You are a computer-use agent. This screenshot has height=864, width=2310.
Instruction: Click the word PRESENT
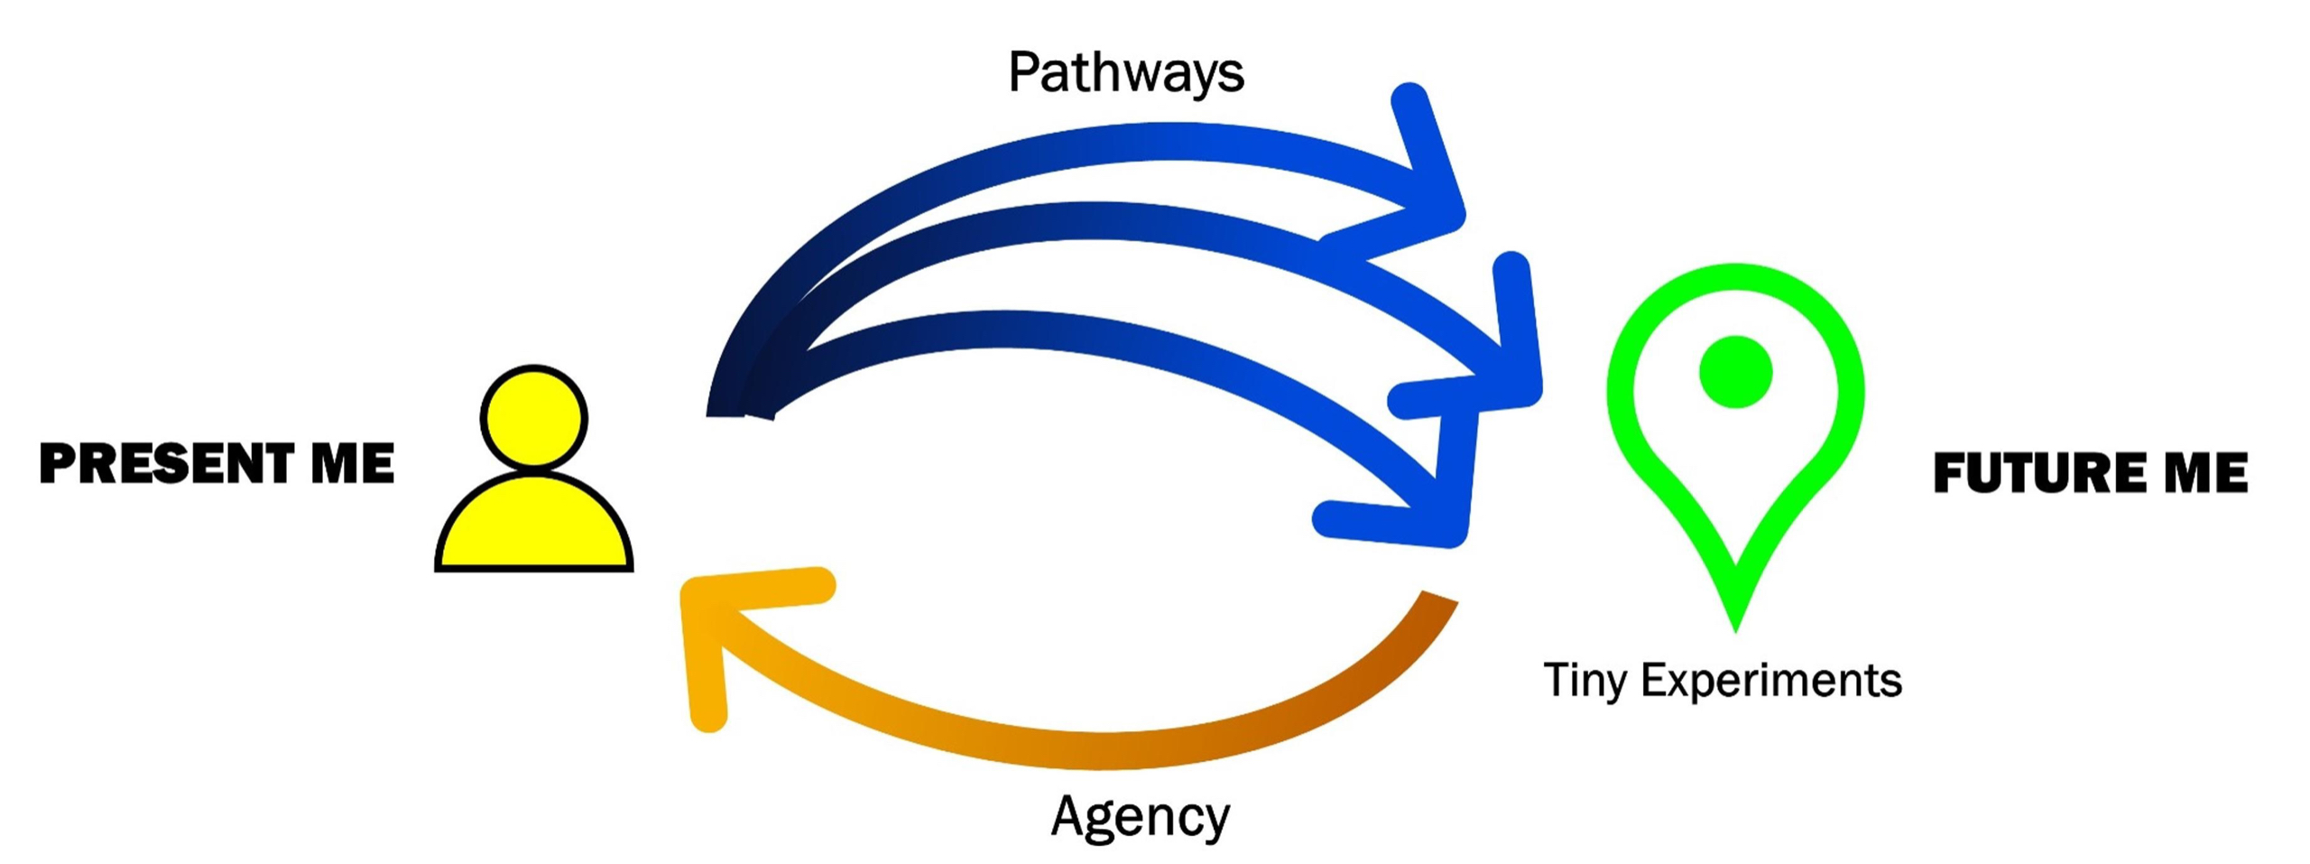166,463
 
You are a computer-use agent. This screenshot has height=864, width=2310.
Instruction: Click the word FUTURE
2034,473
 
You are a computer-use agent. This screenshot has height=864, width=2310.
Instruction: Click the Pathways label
1125,72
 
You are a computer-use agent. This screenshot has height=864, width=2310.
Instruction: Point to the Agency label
1140,817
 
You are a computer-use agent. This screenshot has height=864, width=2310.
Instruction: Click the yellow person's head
533,417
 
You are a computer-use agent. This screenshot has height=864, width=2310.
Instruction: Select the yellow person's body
533,528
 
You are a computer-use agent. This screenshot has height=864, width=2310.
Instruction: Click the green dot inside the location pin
1735,372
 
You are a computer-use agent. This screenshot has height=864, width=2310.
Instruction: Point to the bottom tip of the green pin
1734,623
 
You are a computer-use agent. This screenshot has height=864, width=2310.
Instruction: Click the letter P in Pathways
1023,72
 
